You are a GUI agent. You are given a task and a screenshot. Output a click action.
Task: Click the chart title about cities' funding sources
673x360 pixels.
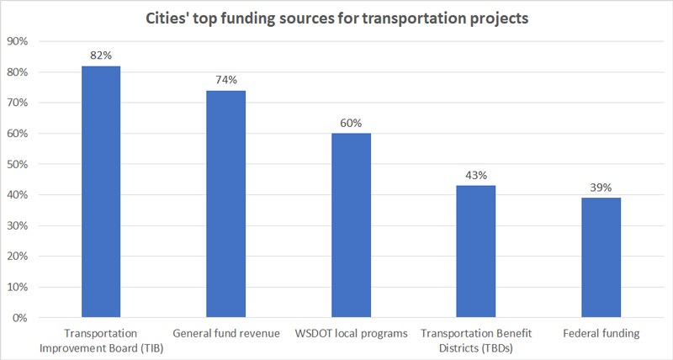[x=337, y=19]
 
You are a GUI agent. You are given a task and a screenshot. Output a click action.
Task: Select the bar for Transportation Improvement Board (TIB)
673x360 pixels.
[x=101, y=192]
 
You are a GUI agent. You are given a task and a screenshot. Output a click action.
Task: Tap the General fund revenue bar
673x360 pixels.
[x=225, y=204]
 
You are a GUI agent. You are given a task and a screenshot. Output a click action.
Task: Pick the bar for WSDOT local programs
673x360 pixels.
[x=351, y=225]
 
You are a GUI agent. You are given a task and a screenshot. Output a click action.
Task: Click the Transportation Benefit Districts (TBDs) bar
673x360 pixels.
[x=476, y=251]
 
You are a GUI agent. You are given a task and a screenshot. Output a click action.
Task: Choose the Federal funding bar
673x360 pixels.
[x=601, y=257]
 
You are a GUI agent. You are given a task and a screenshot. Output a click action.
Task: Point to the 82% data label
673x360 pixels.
[x=101, y=56]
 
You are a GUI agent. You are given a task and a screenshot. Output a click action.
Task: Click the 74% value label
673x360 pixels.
[x=226, y=80]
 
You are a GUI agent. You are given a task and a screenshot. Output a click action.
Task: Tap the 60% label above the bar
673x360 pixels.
[x=351, y=123]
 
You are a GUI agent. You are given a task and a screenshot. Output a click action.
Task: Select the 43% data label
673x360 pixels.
[x=476, y=175]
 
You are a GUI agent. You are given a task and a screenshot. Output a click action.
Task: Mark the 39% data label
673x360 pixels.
[x=601, y=188]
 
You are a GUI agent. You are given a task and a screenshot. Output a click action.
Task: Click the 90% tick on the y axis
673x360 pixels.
[x=17, y=41]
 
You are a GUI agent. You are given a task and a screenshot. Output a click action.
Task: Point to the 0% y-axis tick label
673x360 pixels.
[x=19, y=318]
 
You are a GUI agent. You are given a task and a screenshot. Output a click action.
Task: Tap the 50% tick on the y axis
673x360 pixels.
[x=17, y=164]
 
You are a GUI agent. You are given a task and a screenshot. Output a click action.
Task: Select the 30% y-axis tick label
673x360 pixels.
[x=17, y=225]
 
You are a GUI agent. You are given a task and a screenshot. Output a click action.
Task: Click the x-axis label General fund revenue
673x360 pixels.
[x=226, y=333]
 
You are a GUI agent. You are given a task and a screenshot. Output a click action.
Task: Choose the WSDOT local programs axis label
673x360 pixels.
[x=351, y=333]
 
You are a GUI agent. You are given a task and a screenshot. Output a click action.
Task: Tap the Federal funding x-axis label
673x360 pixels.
[x=601, y=333]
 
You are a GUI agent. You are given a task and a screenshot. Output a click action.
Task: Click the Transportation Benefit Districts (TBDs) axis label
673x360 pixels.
[x=476, y=341]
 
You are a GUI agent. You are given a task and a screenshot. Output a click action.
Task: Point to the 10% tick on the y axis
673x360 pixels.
[x=17, y=287]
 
